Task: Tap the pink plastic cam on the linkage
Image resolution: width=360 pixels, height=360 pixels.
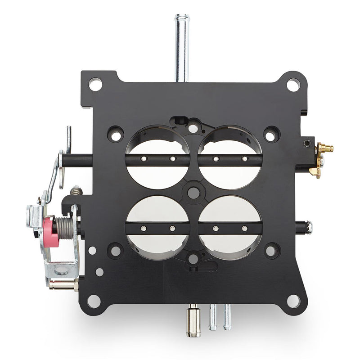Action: [52, 231]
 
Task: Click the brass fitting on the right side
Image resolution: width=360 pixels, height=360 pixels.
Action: [324, 153]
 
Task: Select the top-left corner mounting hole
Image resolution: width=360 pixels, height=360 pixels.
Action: [95, 84]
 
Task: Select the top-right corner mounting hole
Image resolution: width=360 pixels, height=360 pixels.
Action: [293, 84]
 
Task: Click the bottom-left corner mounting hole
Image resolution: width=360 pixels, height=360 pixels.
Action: [94, 301]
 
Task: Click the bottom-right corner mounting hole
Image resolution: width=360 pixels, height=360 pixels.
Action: [293, 301]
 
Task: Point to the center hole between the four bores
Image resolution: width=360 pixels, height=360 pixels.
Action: [193, 193]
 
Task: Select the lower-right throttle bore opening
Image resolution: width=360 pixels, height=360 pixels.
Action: [230, 243]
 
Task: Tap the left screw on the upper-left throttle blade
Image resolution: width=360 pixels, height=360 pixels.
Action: [143, 158]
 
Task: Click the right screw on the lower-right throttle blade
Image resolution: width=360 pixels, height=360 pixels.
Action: [244, 229]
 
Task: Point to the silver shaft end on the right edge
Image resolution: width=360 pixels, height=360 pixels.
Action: [309, 227]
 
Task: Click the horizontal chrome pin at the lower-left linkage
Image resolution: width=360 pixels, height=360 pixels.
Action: [63, 285]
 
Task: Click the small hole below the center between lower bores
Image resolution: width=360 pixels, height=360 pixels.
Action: [193, 258]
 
